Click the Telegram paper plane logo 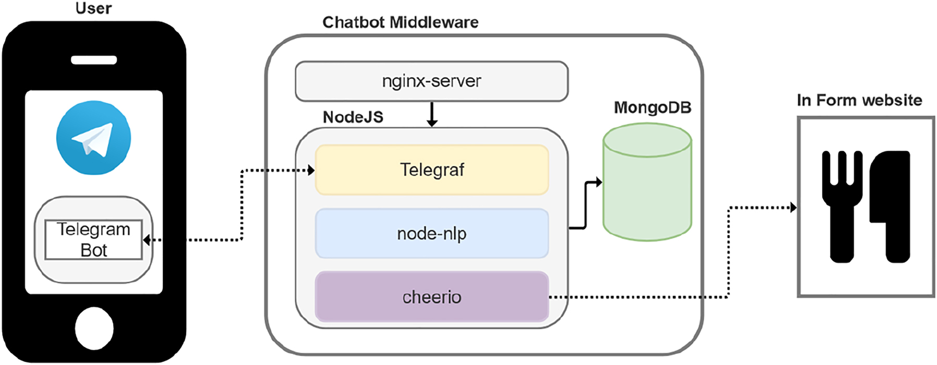(94, 138)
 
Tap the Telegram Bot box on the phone (94, 240)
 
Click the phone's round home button (94, 328)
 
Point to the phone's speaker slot (94, 60)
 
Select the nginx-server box (431, 81)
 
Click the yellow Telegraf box (432, 170)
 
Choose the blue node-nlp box (432, 234)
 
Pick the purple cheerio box (432, 297)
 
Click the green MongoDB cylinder (647, 188)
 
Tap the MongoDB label (652, 108)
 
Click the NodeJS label (353, 117)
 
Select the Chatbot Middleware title (400, 22)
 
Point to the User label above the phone (94, 8)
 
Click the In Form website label (859, 100)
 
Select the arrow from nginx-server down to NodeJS (432, 115)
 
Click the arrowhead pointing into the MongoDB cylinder (599, 182)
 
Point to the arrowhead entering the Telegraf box (311, 170)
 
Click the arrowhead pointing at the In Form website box (793, 208)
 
